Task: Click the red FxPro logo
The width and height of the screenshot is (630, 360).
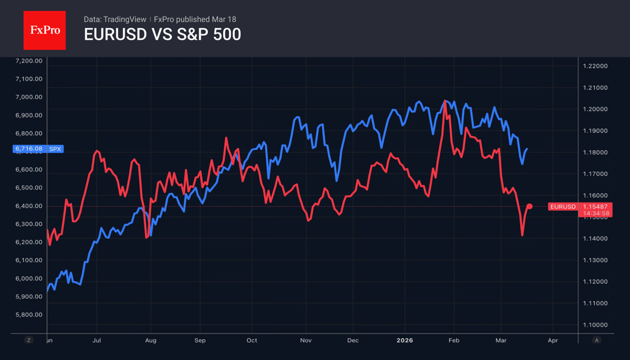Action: click(x=44, y=31)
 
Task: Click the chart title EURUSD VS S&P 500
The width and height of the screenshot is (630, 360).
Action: click(x=162, y=35)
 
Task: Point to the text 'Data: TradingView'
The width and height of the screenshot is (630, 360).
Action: click(x=115, y=19)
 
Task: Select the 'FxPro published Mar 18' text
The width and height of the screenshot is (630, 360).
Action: click(x=195, y=19)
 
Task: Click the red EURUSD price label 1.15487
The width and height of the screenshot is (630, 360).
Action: click(x=595, y=207)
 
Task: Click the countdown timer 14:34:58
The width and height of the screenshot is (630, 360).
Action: click(x=595, y=213)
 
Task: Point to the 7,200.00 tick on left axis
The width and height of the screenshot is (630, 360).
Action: click(x=29, y=61)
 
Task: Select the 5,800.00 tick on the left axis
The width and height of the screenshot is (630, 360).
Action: click(x=29, y=315)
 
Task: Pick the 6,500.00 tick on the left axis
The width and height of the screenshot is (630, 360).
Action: click(x=29, y=188)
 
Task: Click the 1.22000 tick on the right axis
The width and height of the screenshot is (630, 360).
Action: click(x=595, y=66)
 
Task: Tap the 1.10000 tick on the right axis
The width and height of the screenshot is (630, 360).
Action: click(x=595, y=325)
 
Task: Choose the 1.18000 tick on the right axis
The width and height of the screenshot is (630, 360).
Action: click(x=595, y=153)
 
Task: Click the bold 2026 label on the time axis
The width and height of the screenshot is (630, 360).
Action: click(x=405, y=340)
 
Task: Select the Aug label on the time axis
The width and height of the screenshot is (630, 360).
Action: click(x=150, y=340)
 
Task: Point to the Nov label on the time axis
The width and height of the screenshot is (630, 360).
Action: click(x=306, y=340)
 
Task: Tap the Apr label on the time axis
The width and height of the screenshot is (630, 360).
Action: click(x=553, y=340)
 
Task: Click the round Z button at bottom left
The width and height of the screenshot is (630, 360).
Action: click(x=29, y=340)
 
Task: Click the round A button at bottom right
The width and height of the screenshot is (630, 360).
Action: click(x=596, y=340)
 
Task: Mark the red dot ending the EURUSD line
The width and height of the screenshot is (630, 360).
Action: click(x=529, y=206)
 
